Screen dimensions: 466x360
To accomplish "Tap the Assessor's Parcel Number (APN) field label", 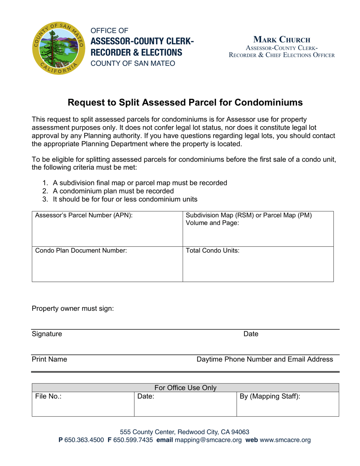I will point(84,216).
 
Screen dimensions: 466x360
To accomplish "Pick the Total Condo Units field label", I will point(213,250).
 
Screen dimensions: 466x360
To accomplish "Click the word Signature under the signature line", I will point(47,334).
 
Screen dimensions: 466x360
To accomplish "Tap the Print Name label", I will point(50,359).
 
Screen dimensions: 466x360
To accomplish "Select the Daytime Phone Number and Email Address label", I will point(265,359).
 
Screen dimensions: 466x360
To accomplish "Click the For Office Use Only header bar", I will point(185,388).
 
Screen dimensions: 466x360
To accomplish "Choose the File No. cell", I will point(83,404).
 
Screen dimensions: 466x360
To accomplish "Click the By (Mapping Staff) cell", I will point(287,404).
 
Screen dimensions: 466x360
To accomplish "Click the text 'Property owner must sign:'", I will point(73,308).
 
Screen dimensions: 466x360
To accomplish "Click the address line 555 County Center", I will point(185,432).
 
